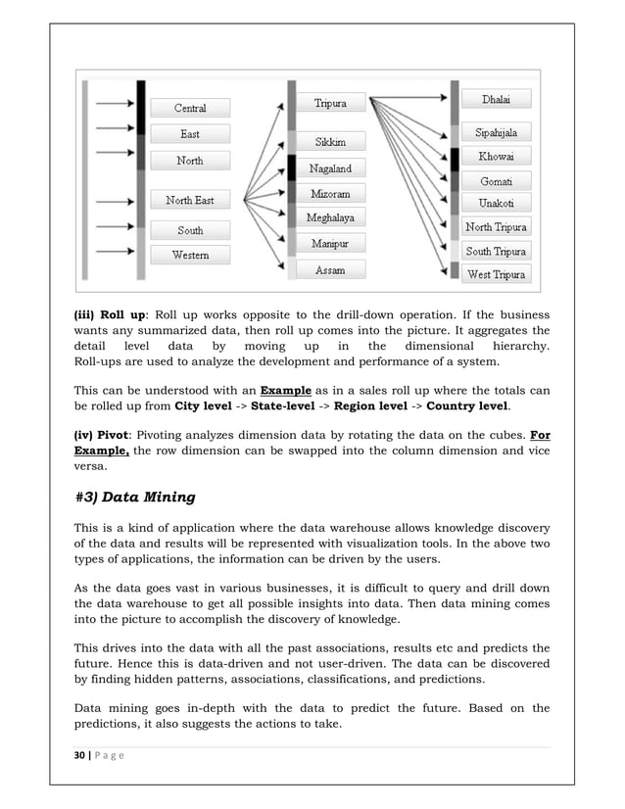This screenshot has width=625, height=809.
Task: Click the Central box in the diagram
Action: (x=190, y=108)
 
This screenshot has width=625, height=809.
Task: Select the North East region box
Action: (x=190, y=201)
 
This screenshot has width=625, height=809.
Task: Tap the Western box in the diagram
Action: (x=190, y=256)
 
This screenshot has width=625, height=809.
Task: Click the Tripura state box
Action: (x=329, y=102)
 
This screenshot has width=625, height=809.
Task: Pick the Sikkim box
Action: (x=329, y=142)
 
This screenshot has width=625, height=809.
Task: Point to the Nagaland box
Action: (x=329, y=168)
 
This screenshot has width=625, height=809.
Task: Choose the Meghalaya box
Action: (x=329, y=217)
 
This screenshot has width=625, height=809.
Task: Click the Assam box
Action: (x=329, y=270)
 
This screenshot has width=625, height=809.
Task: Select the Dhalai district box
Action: (x=497, y=99)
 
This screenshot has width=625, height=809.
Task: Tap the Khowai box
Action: (x=497, y=157)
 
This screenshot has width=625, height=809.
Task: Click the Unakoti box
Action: (x=497, y=204)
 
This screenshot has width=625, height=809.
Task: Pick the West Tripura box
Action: (x=497, y=274)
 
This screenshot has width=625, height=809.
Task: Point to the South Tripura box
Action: (x=497, y=252)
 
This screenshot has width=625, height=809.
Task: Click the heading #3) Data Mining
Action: (x=134, y=498)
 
